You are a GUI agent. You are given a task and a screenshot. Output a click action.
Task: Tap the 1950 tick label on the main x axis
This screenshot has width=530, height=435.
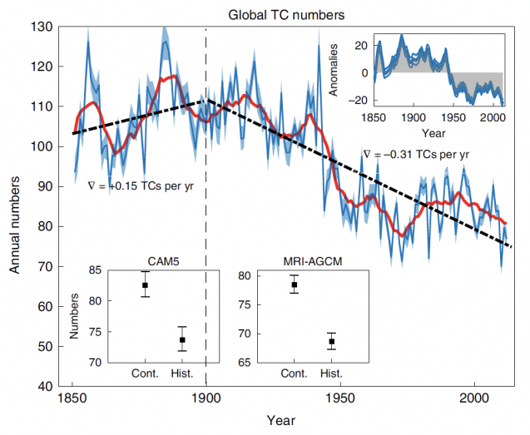click(x=340, y=400)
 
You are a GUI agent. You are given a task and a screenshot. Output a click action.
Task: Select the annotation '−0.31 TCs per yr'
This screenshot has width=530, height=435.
click(x=416, y=154)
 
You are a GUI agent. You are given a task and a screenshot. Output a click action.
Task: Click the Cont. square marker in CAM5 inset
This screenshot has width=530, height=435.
click(x=145, y=285)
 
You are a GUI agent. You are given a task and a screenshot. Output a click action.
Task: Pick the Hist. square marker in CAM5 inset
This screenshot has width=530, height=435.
click(x=183, y=339)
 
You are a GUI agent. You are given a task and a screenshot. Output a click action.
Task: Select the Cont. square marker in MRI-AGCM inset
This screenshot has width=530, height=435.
click(x=294, y=284)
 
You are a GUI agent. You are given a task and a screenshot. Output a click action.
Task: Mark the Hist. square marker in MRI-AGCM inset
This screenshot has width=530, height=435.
click(x=331, y=341)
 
